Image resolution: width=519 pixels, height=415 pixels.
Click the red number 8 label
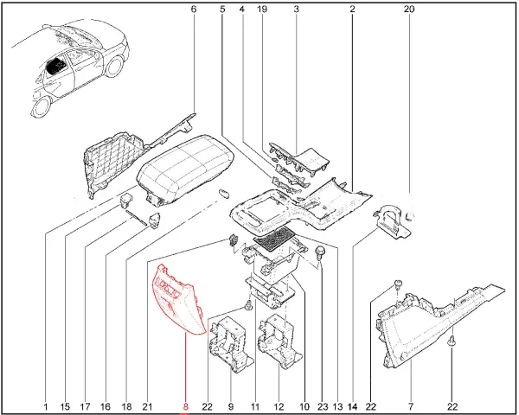point(185,406)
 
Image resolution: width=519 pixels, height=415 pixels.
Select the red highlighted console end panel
point(177,301)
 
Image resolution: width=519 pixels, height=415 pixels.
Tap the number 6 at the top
point(194,9)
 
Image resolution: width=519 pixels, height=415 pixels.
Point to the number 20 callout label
point(409,9)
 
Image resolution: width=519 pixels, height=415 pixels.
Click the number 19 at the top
point(262,9)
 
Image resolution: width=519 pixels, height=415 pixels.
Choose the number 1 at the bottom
point(46,406)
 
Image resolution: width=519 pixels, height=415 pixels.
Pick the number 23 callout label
point(323,406)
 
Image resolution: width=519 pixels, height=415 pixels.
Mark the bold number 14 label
point(353,406)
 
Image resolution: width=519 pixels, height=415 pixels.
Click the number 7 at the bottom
point(411,406)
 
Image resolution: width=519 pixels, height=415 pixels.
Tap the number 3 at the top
point(296,9)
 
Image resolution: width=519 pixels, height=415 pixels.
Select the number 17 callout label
point(85,406)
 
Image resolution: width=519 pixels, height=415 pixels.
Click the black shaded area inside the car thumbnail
point(56,67)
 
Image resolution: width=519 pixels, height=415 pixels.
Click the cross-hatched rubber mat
point(274,239)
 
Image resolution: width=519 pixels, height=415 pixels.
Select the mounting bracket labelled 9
point(231,344)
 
